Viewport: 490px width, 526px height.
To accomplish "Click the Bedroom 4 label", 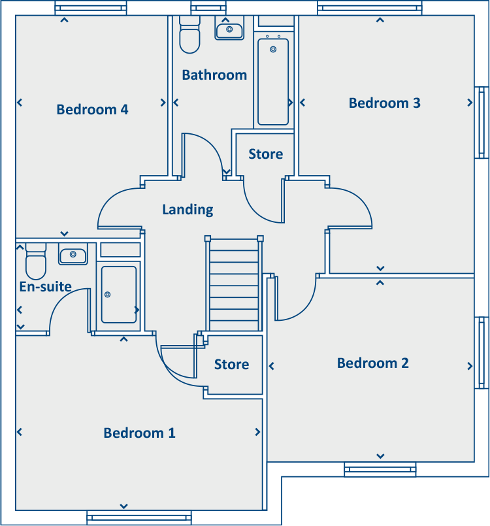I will tap(92, 110).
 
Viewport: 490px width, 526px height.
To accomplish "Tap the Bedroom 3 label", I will tap(384, 103).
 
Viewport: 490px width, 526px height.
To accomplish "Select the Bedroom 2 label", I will tap(372, 363).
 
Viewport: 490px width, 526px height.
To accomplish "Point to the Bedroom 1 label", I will tap(139, 433).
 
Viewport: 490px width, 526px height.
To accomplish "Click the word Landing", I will tap(188, 210).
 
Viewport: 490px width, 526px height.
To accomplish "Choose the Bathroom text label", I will tap(214, 75).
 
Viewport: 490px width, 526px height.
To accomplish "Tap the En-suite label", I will tap(45, 286).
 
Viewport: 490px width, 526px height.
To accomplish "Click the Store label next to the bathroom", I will tap(265, 154).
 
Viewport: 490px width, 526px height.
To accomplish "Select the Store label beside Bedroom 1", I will tap(231, 365).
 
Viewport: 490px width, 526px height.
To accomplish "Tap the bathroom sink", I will tap(229, 30).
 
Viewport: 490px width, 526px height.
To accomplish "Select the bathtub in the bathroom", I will tap(273, 82).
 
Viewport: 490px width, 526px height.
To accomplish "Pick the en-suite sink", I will tap(73, 254).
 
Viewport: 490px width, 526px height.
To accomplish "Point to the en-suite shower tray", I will tap(119, 295).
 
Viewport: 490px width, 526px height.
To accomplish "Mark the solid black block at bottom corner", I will tap(385, 501).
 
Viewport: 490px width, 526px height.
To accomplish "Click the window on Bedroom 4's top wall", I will tap(91, 8).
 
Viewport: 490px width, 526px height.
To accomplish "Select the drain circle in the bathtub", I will tap(274, 49).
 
